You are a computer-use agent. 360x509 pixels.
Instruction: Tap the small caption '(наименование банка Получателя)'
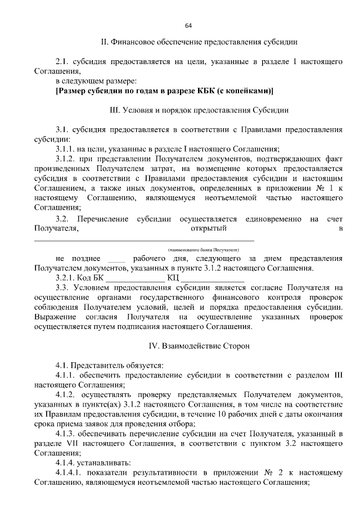pyautogui.click(x=204, y=248)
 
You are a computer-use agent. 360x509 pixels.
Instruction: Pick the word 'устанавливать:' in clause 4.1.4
pyautogui.click(x=105, y=462)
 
